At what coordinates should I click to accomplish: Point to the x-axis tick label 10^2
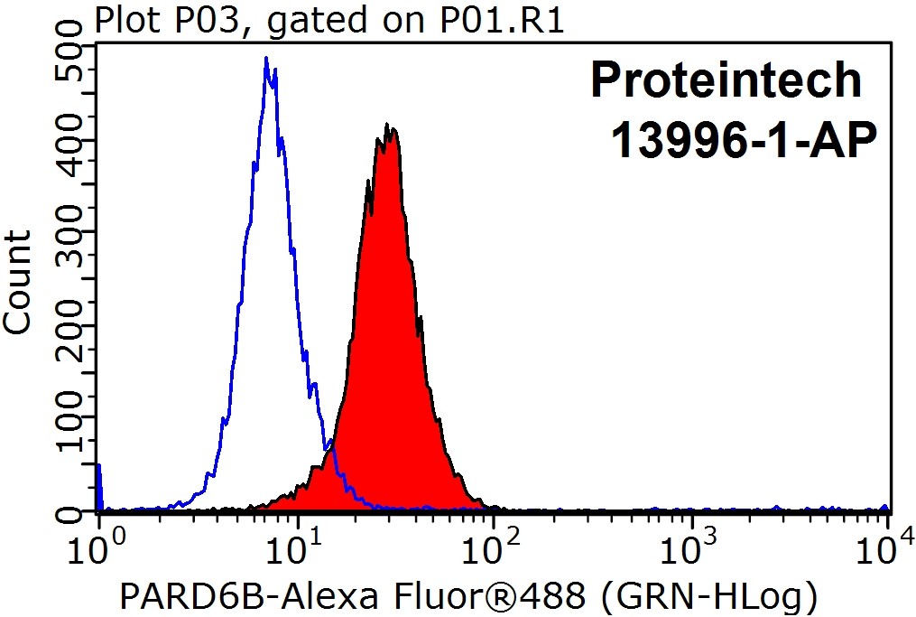pyautogui.click(x=492, y=547)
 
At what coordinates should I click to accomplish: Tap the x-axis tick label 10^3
pyautogui.click(x=690, y=547)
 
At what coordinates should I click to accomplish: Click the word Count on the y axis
pyautogui.click(x=20, y=282)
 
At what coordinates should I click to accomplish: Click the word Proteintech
pyautogui.click(x=726, y=81)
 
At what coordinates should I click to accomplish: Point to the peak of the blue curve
pyautogui.click(x=266, y=59)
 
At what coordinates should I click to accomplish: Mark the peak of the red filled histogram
pyautogui.click(x=387, y=126)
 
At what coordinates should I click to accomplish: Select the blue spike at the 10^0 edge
pyautogui.click(x=98, y=483)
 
